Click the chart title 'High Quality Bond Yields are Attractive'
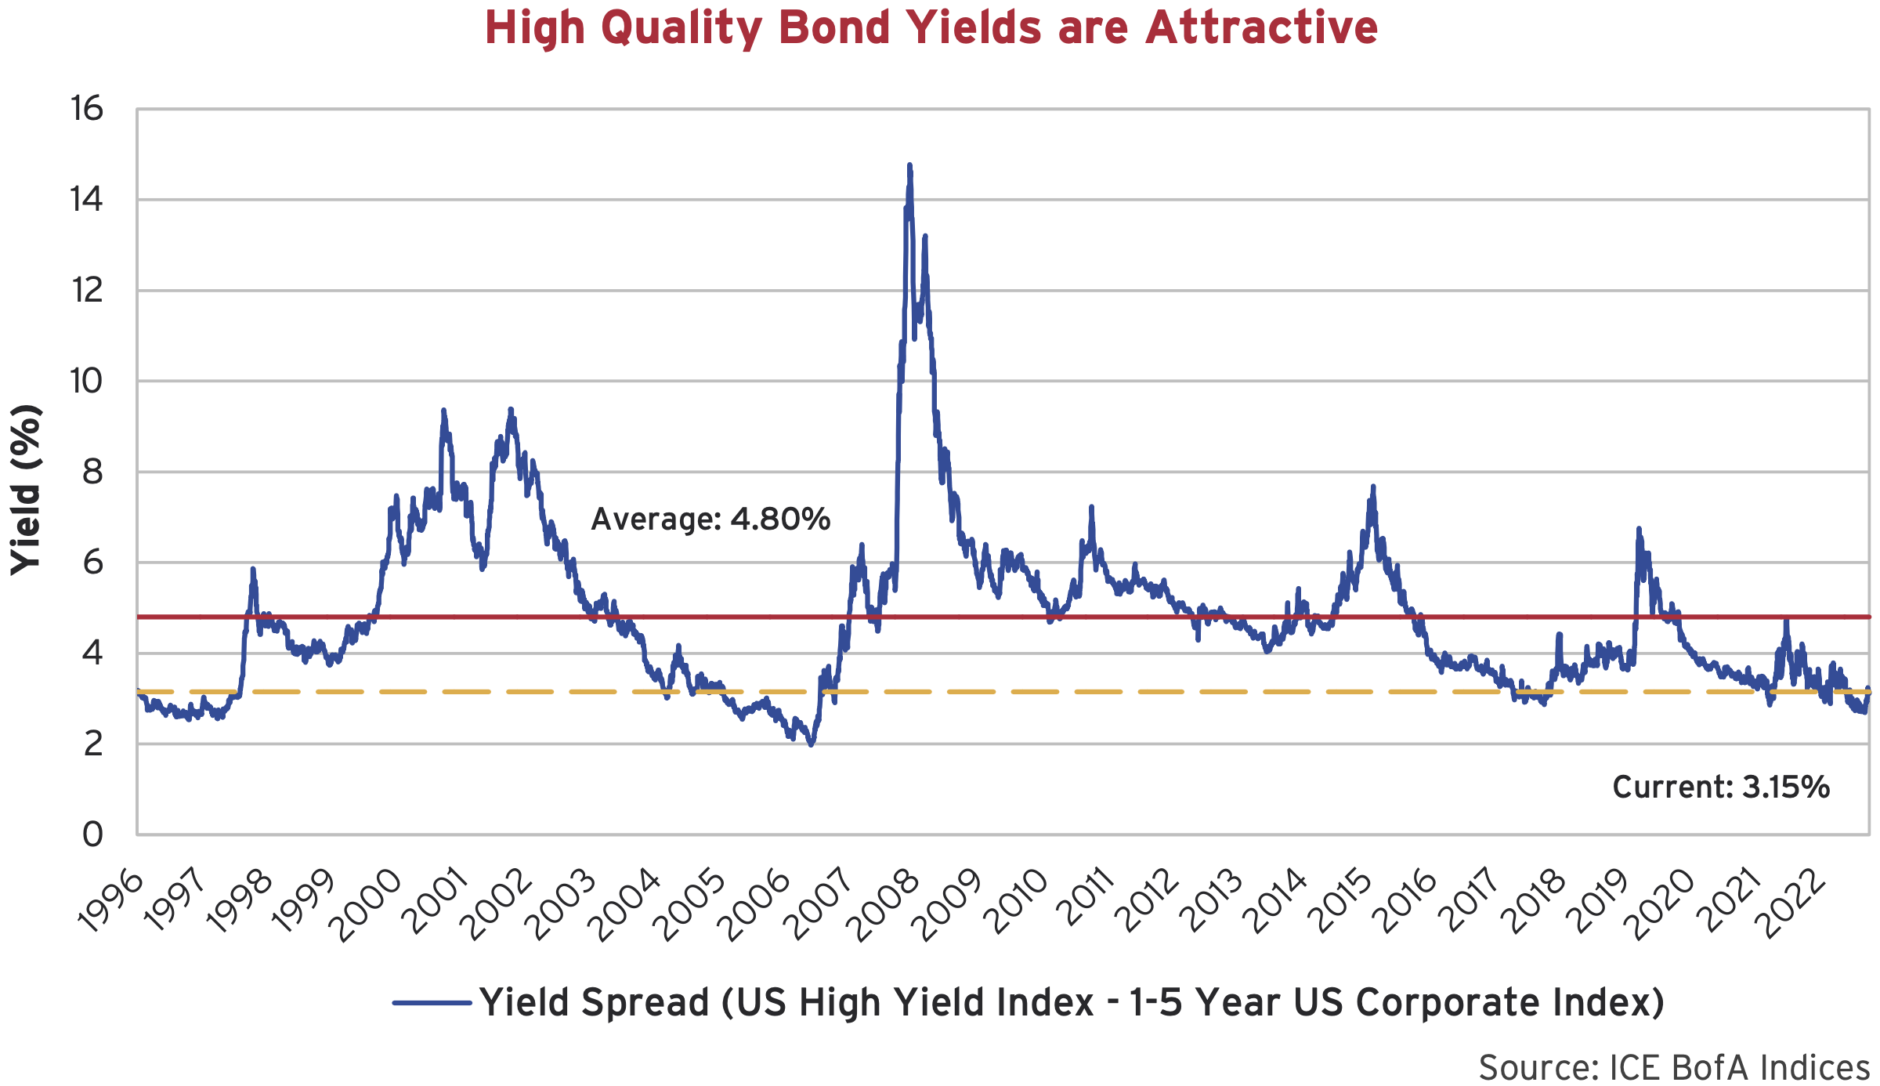click(931, 28)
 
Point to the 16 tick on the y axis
click(86, 109)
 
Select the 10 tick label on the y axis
click(86, 382)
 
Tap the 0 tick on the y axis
click(93, 834)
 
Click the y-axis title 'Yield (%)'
click(26, 491)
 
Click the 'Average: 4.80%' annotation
click(710, 519)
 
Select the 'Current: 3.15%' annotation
click(1721, 787)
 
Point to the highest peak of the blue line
click(909, 165)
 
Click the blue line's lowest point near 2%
click(811, 744)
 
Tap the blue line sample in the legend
click(432, 1002)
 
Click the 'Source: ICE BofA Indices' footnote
click(1674, 1067)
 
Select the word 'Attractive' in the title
click(1261, 28)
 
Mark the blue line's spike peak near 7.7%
click(1373, 487)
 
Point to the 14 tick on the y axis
click(86, 200)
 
